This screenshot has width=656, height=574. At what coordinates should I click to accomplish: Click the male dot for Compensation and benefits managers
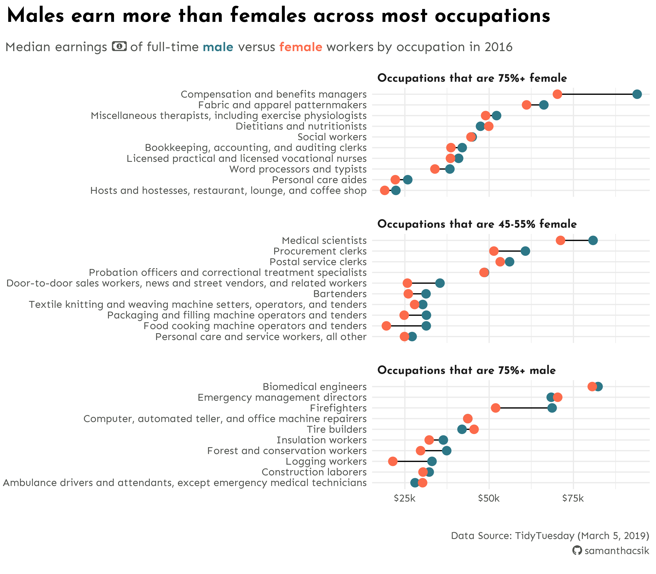[x=637, y=94]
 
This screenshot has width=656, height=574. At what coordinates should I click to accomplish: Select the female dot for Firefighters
[x=496, y=408]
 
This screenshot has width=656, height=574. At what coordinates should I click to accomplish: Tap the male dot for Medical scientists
[x=593, y=241]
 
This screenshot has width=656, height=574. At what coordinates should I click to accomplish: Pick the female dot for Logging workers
[x=393, y=461]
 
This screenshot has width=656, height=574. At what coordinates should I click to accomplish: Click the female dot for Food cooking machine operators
[x=386, y=326]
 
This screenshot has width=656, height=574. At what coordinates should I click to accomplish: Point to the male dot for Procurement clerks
[x=525, y=251]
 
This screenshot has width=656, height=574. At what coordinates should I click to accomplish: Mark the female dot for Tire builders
[x=474, y=429]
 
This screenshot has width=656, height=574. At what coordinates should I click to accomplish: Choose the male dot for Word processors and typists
[x=450, y=169]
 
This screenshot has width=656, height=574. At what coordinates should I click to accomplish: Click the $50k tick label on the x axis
[x=489, y=499]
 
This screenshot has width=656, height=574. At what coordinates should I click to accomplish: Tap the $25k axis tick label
[x=405, y=499]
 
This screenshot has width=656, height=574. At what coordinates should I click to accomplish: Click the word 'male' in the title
[x=218, y=47]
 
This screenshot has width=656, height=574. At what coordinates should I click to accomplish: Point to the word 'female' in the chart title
[x=300, y=47]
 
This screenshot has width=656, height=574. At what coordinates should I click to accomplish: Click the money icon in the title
[x=119, y=46]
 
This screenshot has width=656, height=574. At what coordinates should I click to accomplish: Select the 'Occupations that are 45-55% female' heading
[x=477, y=224]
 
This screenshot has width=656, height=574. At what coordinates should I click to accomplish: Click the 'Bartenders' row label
[x=340, y=294]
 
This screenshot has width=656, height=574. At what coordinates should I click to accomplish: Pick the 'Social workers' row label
[x=332, y=137]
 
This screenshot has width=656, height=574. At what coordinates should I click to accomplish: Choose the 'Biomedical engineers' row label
[x=315, y=386]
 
